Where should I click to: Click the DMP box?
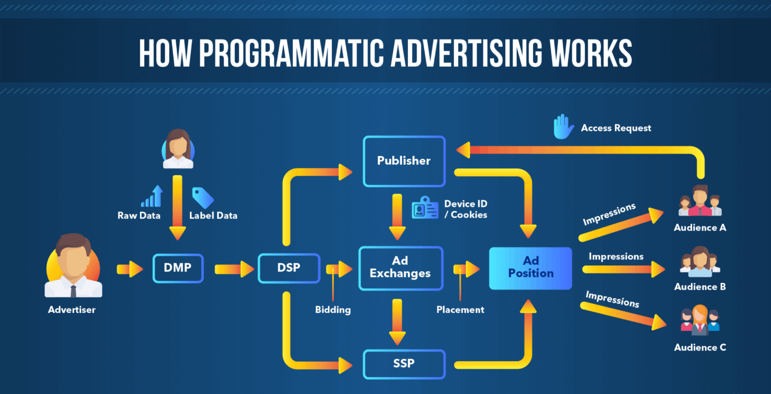pyautogui.click(x=178, y=268)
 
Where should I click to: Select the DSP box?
pyautogui.click(x=289, y=268)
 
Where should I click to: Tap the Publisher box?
pyautogui.click(x=404, y=161)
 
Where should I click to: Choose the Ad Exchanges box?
pyautogui.click(x=400, y=268)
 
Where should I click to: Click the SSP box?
pyautogui.click(x=404, y=364)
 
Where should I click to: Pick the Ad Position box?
pyautogui.click(x=530, y=268)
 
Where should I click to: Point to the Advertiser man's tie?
pyautogui.click(x=73, y=290)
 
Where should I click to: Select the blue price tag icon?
pyautogui.click(x=202, y=197)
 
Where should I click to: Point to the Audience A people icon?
pyautogui.click(x=700, y=201)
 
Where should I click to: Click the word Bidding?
pyautogui.click(x=333, y=310)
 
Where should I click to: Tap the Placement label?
pyautogui.click(x=460, y=310)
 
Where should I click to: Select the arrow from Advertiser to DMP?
pyautogui.click(x=130, y=269)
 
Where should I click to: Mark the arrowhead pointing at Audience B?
pyautogui.click(x=658, y=269)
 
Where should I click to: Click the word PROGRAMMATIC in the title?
pyautogui.click(x=291, y=53)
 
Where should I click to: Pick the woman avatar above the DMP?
pyautogui.click(x=178, y=149)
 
